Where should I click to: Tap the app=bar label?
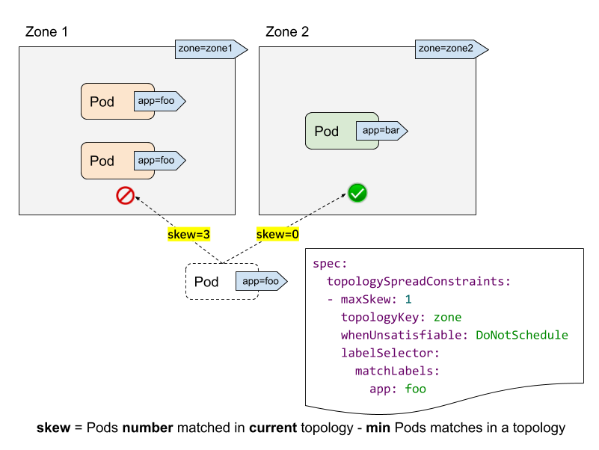click(x=380, y=131)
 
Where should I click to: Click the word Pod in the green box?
click(x=327, y=132)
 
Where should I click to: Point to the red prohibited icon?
click(x=125, y=196)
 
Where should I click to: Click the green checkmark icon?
click(x=357, y=194)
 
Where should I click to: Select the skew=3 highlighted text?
click(x=188, y=234)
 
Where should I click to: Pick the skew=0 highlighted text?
click(x=277, y=234)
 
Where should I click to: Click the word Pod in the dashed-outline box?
click(x=206, y=282)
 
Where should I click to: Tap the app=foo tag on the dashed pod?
click(x=259, y=281)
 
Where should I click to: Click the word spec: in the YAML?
click(x=331, y=263)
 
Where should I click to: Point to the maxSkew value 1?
click(x=408, y=299)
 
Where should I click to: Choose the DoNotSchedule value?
click(x=521, y=335)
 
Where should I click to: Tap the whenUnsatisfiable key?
click(x=405, y=335)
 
